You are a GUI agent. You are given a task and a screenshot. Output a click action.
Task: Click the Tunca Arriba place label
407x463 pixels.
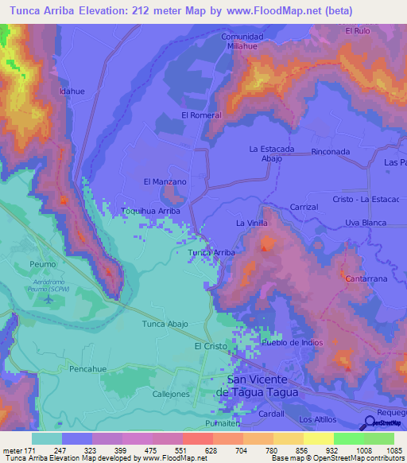(x=211, y=252)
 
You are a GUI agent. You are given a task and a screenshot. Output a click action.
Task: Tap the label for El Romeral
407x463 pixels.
(x=201, y=115)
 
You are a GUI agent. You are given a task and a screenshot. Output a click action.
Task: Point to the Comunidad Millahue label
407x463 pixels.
(x=242, y=41)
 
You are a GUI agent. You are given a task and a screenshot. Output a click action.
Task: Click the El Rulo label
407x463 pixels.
(x=358, y=31)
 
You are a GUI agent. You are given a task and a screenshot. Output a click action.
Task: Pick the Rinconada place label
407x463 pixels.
(x=331, y=151)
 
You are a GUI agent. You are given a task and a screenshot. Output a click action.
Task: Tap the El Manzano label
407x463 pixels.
(x=165, y=181)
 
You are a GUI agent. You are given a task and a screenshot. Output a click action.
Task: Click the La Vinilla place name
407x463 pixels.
(x=251, y=224)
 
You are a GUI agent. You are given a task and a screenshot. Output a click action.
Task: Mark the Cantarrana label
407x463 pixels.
(x=366, y=279)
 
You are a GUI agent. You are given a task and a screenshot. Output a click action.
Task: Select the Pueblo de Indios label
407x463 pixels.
(x=293, y=342)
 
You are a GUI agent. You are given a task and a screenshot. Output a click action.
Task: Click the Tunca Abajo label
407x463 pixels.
(x=165, y=324)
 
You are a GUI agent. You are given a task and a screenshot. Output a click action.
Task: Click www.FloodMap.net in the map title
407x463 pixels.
(x=263, y=11)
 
